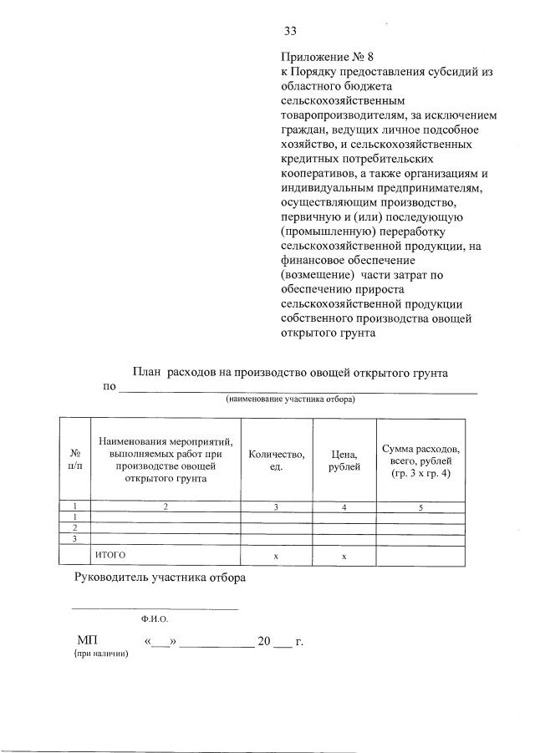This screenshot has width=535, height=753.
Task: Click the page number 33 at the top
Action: pos(290,31)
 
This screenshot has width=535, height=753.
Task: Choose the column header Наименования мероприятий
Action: pos(165,459)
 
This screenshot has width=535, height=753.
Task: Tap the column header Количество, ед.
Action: pos(276,460)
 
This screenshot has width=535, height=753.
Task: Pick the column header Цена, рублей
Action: pos(344,460)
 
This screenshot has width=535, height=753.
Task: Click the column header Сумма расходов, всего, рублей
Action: pos(420,460)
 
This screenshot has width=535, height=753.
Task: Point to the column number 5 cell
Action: pos(420,506)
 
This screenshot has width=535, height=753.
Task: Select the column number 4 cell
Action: pos(344,506)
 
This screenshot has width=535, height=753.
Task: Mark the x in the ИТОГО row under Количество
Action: pos(276,556)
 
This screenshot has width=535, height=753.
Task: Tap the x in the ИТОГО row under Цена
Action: pos(344,556)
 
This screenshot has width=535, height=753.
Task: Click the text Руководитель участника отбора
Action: pos(160,577)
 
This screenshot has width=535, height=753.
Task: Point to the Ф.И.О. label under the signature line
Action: pos(155,621)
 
